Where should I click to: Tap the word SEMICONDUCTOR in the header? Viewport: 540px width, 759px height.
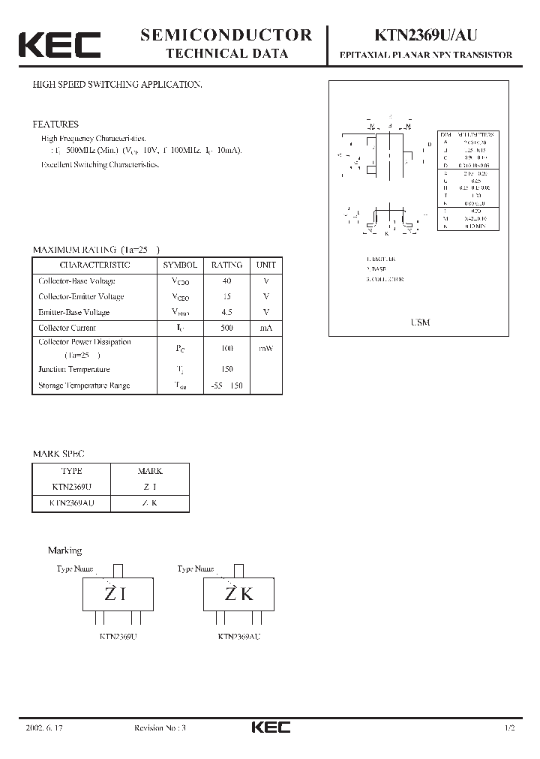coord(226,34)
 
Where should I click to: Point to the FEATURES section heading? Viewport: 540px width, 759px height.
coord(55,124)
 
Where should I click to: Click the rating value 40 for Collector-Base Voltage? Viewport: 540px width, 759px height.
coord(226,281)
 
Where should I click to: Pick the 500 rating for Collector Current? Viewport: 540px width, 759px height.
coord(226,328)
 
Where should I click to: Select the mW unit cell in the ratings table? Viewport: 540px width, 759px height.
coord(266,348)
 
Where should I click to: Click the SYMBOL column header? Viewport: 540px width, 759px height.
coord(180,265)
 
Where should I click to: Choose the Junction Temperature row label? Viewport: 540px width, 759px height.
coord(73,369)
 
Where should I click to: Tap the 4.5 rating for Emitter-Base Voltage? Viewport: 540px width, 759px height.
coord(226,312)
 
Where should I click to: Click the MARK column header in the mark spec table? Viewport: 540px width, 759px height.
coord(150,472)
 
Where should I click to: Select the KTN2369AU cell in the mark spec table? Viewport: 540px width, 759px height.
coord(71,503)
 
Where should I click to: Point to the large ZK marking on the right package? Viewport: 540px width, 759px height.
coord(239,594)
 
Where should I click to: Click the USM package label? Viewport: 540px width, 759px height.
coord(421,322)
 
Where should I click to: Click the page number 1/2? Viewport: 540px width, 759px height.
coord(511,728)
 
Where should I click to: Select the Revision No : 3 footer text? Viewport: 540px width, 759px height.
coord(159,728)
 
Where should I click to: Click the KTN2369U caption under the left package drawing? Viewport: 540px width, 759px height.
coord(118,637)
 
